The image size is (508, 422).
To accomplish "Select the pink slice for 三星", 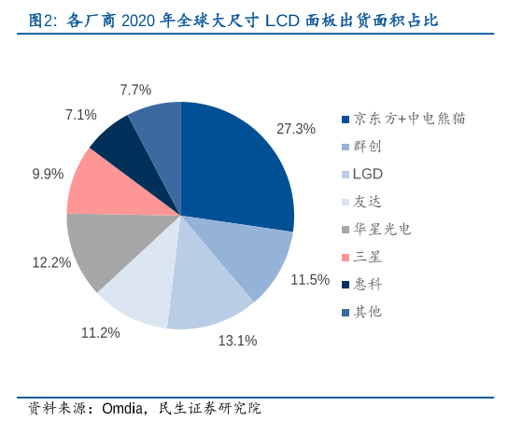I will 105,183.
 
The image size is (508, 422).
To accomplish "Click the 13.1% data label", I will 237,341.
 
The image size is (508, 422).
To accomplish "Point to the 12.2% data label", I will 51,262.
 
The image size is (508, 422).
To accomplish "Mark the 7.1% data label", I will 81,115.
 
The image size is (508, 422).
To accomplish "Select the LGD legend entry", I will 368,174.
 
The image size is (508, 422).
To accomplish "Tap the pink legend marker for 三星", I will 346,257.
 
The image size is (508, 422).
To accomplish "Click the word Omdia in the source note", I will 124,408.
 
